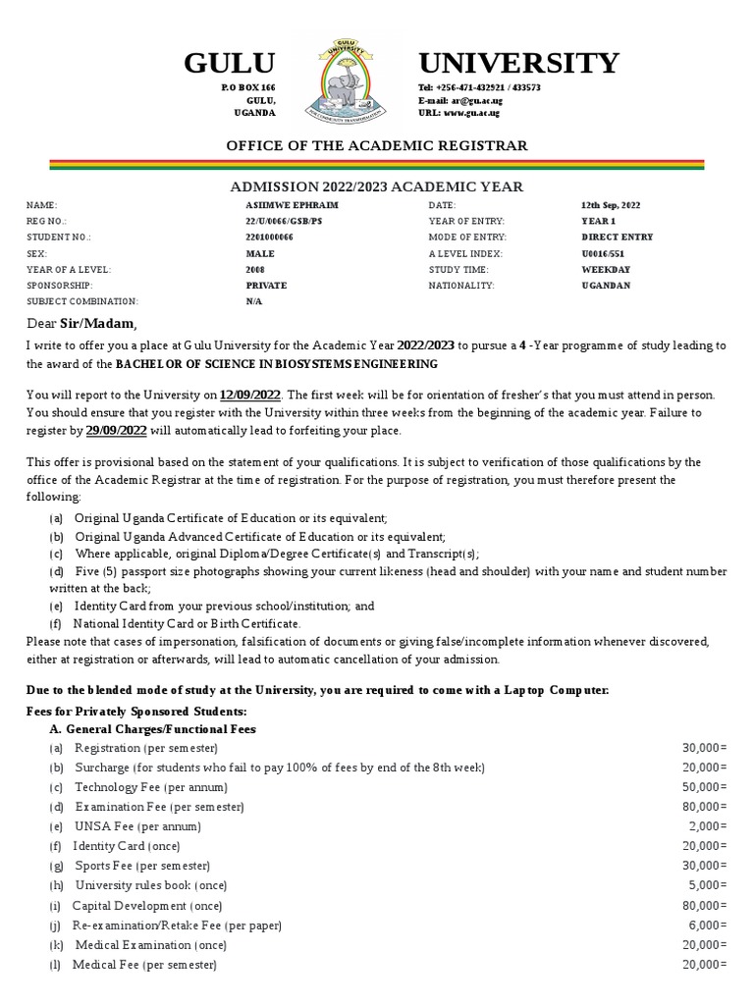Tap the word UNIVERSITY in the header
pyautogui.click(x=518, y=64)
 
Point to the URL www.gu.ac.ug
pyautogui.click(x=471, y=113)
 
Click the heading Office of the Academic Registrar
pyautogui.click(x=377, y=145)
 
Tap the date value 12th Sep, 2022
pyautogui.click(x=610, y=205)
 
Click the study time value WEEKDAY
pyautogui.click(x=606, y=269)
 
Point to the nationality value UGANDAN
pyautogui.click(x=606, y=286)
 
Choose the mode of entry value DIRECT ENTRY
pyautogui.click(x=617, y=238)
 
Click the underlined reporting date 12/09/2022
pyautogui.click(x=250, y=395)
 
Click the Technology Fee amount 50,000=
pyautogui.click(x=704, y=788)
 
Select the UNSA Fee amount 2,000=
pyautogui.click(x=708, y=826)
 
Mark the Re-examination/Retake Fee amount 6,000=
pyautogui.click(x=708, y=926)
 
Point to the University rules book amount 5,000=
pyautogui.click(x=708, y=885)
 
